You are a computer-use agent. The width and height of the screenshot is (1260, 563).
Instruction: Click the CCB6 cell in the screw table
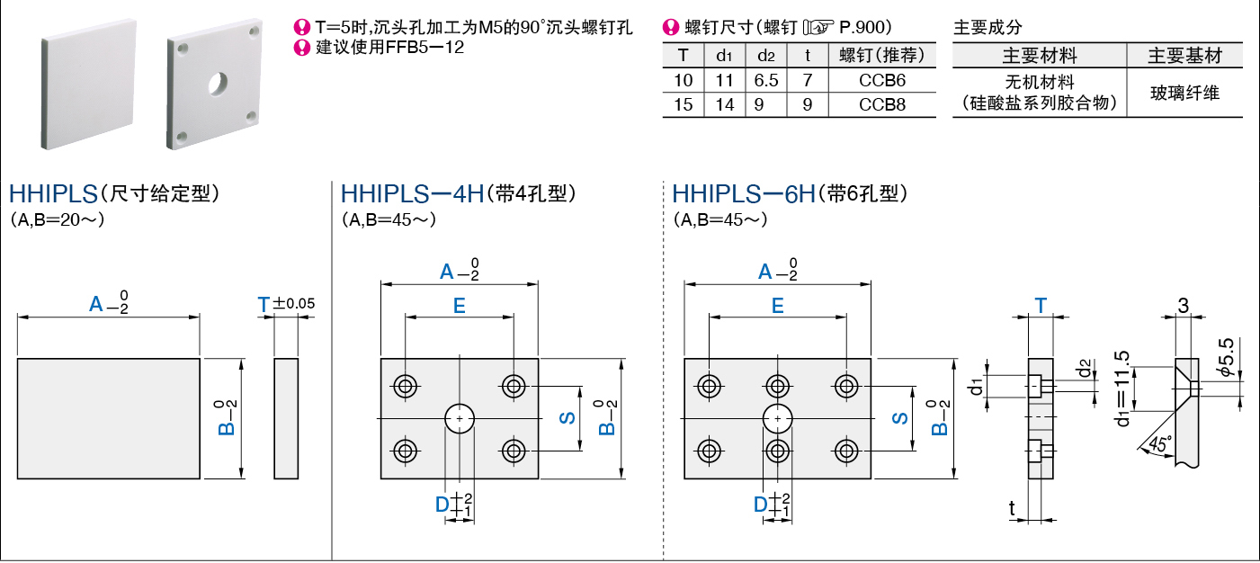click(882, 80)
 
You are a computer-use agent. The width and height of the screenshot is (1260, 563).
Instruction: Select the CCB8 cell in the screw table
click(882, 104)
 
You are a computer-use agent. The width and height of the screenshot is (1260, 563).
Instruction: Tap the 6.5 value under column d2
click(766, 80)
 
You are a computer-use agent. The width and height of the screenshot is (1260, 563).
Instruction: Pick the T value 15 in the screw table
click(683, 104)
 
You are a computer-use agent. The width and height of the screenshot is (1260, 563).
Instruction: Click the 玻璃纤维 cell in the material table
click(1185, 92)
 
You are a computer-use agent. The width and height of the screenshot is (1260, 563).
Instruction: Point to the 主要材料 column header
click(1040, 56)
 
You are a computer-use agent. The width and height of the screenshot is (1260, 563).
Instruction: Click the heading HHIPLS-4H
click(412, 193)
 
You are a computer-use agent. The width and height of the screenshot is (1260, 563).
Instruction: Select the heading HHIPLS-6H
click(743, 193)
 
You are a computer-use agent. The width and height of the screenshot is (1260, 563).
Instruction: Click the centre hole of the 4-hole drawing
click(460, 418)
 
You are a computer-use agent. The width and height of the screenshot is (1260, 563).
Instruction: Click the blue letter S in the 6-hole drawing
click(898, 418)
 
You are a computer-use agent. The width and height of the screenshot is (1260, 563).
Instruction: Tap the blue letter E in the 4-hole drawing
click(459, 306)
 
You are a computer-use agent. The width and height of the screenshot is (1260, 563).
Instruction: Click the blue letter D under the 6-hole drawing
click(761, 505)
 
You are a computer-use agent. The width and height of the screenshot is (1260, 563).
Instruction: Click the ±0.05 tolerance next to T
click(294, 305)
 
